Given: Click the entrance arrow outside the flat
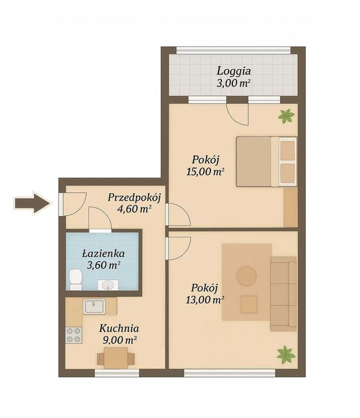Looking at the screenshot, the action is tap(33, 203).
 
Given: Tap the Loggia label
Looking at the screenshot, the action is tap(233, 72).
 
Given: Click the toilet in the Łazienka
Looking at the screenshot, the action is tap(76, 279).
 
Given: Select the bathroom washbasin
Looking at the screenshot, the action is tap(108, 285).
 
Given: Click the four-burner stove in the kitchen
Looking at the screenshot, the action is tap(74, 335).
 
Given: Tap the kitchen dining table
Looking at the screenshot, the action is tap(116, 358).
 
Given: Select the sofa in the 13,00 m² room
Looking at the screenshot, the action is tap(284, 294).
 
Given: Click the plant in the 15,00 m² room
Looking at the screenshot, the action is tap(286, 116).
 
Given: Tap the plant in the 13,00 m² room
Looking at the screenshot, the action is tap(285, 355).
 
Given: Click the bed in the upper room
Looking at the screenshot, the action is tap(266, 162).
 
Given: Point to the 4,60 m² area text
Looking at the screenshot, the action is tap(134, 208).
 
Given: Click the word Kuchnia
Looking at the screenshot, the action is tap(119, 328).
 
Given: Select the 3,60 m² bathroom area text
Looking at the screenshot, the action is tap(103, 265).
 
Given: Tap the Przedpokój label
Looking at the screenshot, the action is tap(134, 198).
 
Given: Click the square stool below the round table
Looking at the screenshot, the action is tap(249, 304).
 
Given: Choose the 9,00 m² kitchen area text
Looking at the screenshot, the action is tap(119, 340).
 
